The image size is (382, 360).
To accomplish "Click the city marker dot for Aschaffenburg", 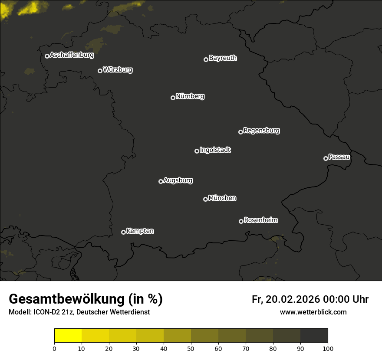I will (47, 56).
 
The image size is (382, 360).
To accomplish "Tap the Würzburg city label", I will (118, 69).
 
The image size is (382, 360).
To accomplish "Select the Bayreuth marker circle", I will (206, 59).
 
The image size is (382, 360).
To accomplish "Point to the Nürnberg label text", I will (190, 96).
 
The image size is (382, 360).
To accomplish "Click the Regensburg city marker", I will (240, 132).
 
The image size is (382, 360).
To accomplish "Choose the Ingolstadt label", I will (215, 150).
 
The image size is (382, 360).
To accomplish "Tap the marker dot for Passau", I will (326, 158).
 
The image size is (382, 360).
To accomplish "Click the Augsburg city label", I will (178, 180).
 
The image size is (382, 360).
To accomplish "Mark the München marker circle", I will (205, 199).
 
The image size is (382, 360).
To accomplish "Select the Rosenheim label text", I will (260, 220).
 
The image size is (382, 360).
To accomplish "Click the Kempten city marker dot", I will (123, 232).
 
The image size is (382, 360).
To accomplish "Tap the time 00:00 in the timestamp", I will (336, 299).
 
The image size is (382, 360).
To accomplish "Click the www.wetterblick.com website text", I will (313, 312).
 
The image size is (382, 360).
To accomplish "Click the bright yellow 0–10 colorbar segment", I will (68, 335).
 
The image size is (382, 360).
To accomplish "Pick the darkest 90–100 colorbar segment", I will (314, 335).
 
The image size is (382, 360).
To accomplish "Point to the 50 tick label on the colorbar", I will (191, 348).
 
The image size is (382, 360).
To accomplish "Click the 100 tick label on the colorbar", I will (328, 348).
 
